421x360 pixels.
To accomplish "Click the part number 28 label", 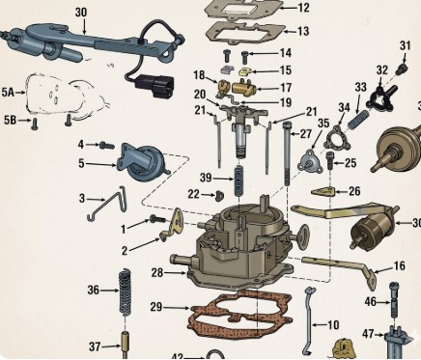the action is [x=157, y=273].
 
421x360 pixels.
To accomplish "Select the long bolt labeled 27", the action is [x=288, y=153].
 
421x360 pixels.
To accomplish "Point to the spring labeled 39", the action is [x=238, y=180].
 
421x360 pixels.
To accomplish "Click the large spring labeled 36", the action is [x=125, y=292].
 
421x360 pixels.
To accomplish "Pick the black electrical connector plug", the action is [x=154, y=86].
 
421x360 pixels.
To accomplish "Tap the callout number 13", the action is [x=303, y=31].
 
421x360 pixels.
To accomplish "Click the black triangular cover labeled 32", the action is [x=380, y=98].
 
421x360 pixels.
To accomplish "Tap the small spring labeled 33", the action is [x=358, y=119].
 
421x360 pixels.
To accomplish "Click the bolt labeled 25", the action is [x=331, y=160].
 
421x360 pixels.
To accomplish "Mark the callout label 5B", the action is [x=10, y=121].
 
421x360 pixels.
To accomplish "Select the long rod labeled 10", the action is [x=309, y=320].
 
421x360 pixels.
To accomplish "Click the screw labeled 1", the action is [x=157, y=219].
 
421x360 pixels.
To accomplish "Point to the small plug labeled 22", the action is [x=220, y=195].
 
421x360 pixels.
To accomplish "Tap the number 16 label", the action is [x=399, y=265].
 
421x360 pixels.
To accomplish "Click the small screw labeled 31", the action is [x=403, y=68].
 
